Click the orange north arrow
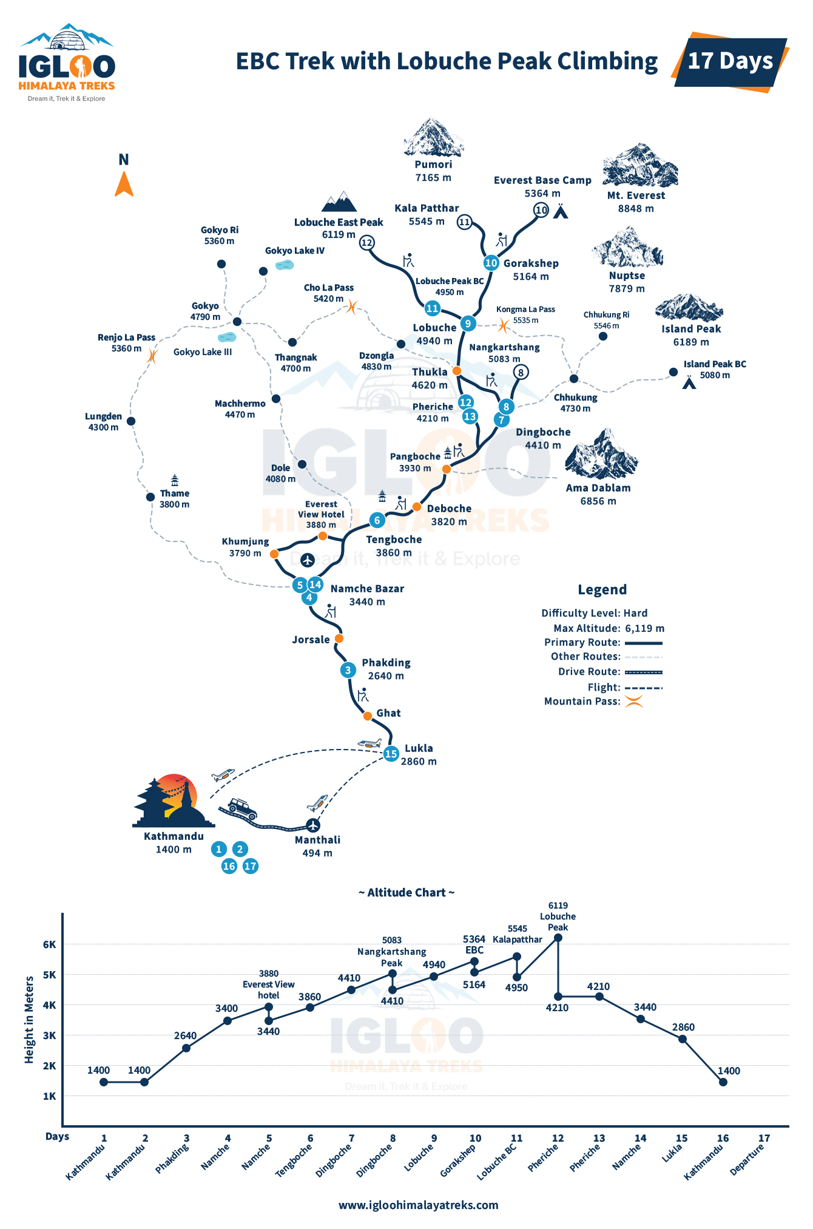click(x=124, y=185)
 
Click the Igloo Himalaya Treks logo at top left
click(x=67, y=63)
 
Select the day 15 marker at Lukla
click(x=391, y=754)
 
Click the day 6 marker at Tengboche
click(x=377, y=520)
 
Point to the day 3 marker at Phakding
click(x=348, y=670)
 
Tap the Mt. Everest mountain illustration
click(x=640, y=166)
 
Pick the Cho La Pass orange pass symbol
click(x=352, y=307)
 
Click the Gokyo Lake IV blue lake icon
click(x=285, y=265)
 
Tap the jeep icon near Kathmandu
click(x=241, y=809)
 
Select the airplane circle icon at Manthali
click(x=312, y=825)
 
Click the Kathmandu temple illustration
click(x=174, y=801)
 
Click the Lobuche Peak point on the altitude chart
click(x=558, y=938)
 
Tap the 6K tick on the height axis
click(x=49, y=944)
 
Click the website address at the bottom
click(x=419, y=1205)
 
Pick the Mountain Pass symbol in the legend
click(x=634, y=702)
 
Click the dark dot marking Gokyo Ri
click(x=221, y=264)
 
